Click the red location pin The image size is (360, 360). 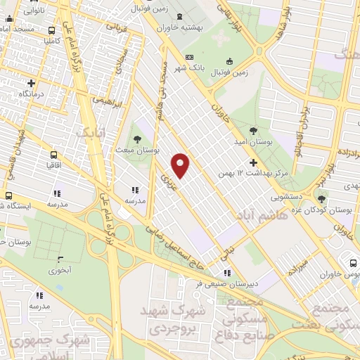tap(181, 165)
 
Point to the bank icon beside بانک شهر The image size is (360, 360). tap(188, 58)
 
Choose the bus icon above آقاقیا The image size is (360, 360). tap(53, 155)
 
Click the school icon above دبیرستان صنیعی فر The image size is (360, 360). tap(226, 272)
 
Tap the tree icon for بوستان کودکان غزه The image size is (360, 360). tap(321, 199)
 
